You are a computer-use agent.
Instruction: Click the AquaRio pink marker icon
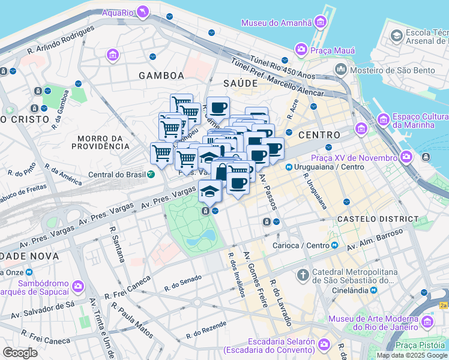(142, 11)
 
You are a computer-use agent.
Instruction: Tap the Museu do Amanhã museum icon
(320, 23)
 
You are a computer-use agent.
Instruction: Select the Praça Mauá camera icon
(301, 49)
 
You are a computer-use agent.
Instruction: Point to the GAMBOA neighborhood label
(161, 76)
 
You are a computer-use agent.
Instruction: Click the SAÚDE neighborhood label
(240, 83)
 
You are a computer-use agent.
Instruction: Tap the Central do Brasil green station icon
(151, 175)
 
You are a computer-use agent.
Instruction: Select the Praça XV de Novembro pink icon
(406, 157)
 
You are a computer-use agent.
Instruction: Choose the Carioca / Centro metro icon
(335, 245)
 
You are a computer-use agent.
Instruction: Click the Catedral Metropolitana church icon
(303, 275)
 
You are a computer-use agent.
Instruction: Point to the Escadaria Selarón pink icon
(324, 344)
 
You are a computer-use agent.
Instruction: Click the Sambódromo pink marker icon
(77, 286)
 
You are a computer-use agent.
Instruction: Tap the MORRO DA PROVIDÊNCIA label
(100, 142)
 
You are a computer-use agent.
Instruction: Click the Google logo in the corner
(20, 352)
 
